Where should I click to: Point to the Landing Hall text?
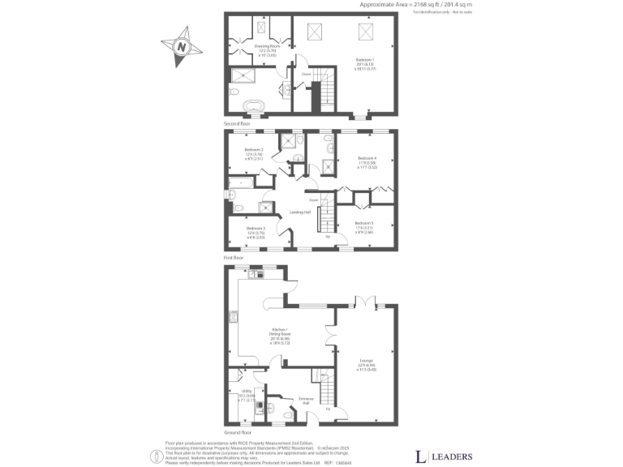[302, 213]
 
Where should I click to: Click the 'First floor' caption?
[234, 257]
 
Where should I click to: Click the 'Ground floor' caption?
[237, 433]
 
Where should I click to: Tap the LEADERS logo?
[444, 456]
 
